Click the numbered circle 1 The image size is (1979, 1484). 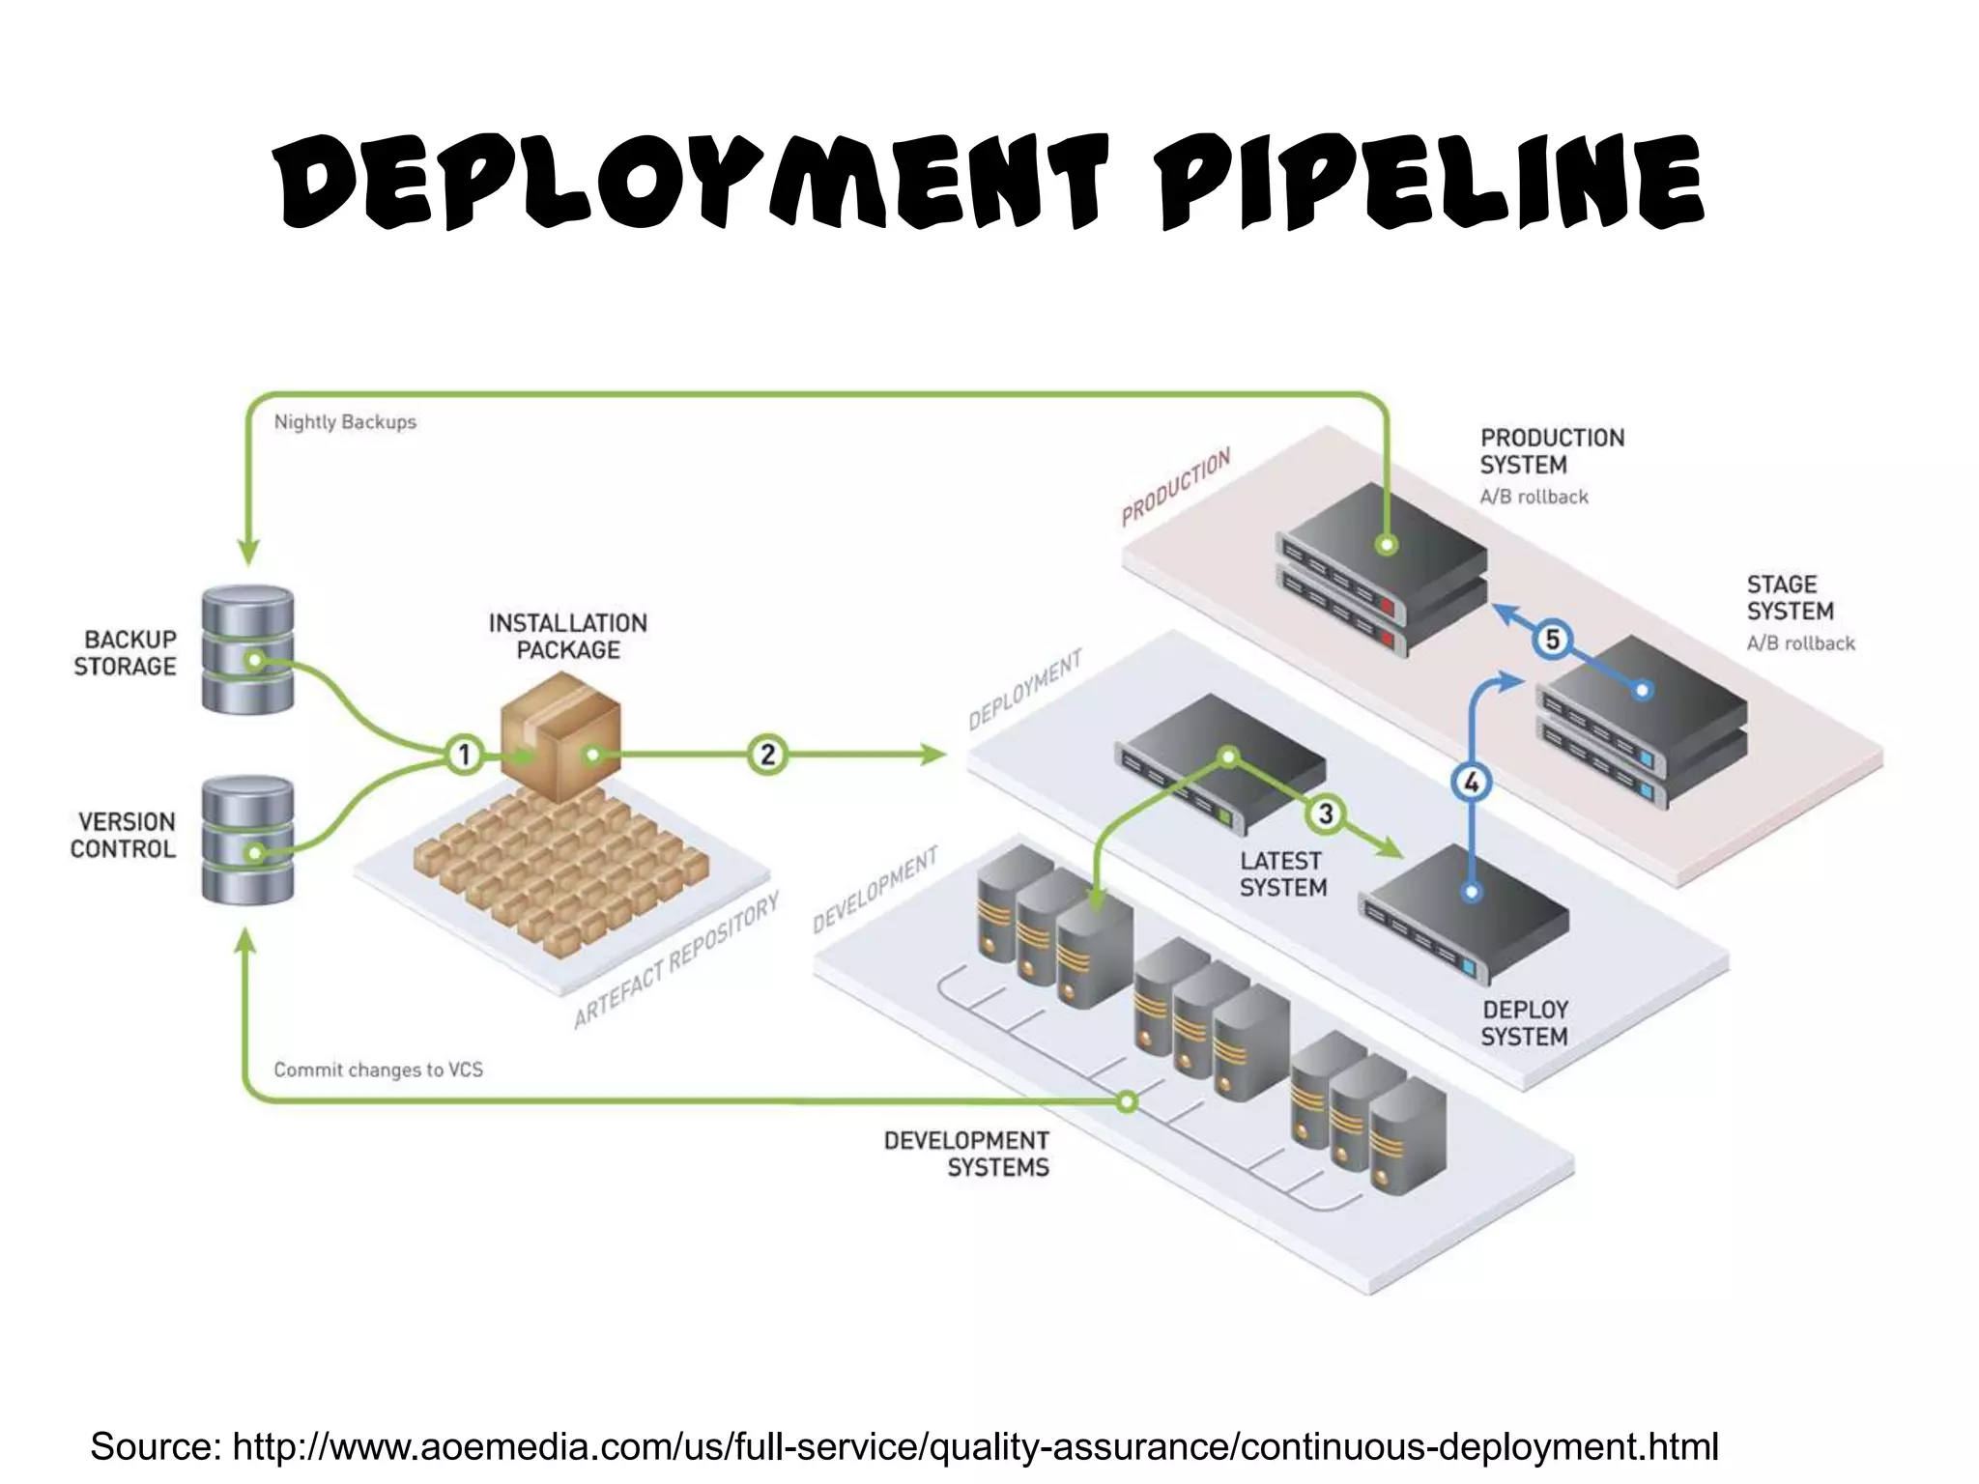point(464,754)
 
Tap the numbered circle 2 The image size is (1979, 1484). point(767,754)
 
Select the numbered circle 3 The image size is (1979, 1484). point(1326,814)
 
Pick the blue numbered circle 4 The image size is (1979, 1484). point(1471,782)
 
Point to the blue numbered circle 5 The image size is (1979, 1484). point(1552,639)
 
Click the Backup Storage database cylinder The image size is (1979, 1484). point(247,649)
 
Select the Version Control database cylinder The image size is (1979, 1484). point(247,841)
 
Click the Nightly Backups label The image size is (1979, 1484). point(345,422)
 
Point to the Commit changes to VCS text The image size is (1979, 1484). point(378,1070)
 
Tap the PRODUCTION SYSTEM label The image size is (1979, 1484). point(1551,451)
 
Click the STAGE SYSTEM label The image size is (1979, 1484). point(1790,598)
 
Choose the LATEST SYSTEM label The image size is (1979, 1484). point(1282,873)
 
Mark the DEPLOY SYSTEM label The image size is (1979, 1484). point(1524,1023)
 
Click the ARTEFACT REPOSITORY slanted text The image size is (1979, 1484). point(675,961)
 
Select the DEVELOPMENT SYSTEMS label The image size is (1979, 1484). point(966,1154)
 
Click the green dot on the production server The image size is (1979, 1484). point(1386,545)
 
